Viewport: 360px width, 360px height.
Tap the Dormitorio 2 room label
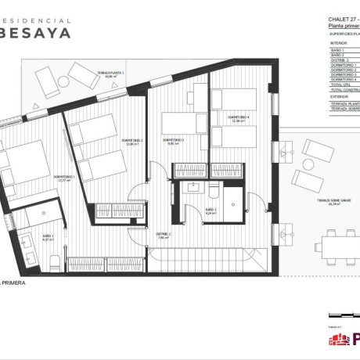click(x=131, y=142)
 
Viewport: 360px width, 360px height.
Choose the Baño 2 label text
click(x=211, y=211)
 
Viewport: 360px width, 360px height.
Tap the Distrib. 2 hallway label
click(x=163, y=235)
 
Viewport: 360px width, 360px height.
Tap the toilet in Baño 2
click(x=214, y=190)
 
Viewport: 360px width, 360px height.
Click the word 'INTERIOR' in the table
click(x=338, y=43)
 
